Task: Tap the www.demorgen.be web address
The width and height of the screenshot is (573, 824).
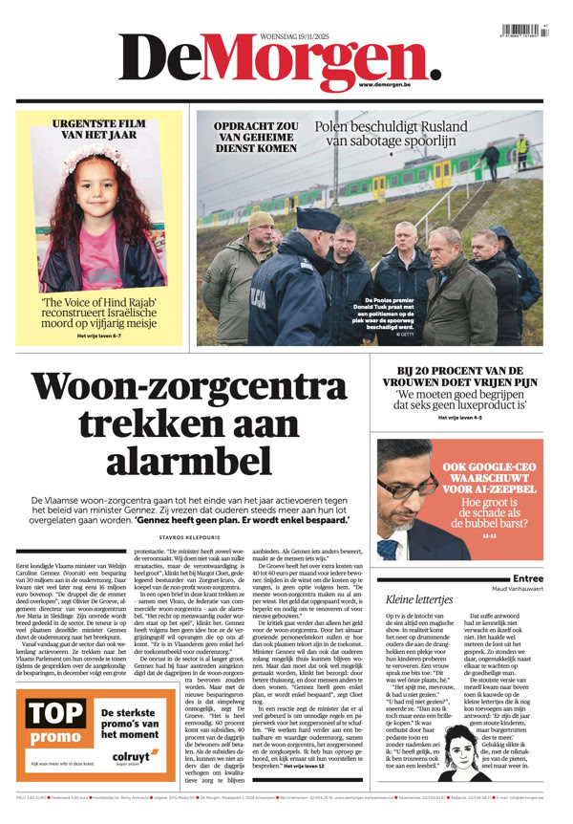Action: (389, 84)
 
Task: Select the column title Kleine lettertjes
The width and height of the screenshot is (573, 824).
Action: (419, 599)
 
